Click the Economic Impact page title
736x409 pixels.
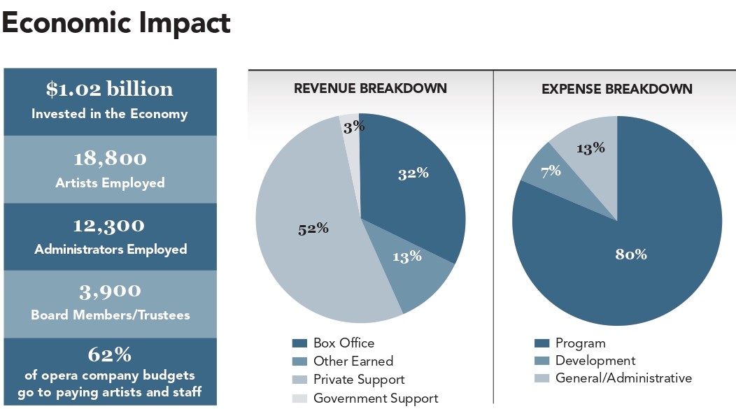point(116,23)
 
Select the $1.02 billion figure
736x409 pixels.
point(109,89)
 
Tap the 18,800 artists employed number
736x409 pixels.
point(109,159)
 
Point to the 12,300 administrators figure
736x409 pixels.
point(109,226)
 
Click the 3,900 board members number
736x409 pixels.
point(109,291)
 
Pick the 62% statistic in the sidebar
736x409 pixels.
point(109,354)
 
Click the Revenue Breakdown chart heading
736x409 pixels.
point(370,89)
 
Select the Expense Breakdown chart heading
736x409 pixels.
point(617,89)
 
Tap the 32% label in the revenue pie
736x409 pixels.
point(413,173)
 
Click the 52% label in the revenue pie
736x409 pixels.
point(313,229)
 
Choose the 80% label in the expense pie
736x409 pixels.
point(630,254)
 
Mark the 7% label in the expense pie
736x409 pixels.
point(550,170)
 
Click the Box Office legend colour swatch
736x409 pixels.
point(299,343)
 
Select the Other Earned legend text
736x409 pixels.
point(353,361)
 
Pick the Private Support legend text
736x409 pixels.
point(359,380)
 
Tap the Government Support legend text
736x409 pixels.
point(376,399)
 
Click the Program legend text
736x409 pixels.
point(580,343)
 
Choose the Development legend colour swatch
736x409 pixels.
point(542,361)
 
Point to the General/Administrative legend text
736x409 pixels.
point(623,378)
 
